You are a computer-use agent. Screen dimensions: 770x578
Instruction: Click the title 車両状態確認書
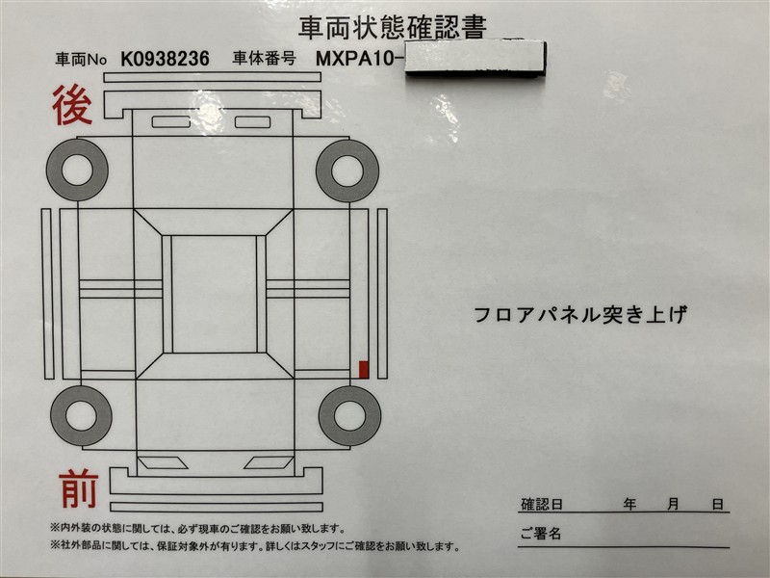pyautogui.click(x=393, y=28)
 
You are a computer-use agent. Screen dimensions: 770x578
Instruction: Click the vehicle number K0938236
pyautogui.click(x=165, y=59)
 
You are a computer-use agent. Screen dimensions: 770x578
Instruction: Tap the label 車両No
pyautogui.click(x=81, y=60)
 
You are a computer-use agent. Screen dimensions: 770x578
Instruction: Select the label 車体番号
pyautogui.click(x=264, y=59)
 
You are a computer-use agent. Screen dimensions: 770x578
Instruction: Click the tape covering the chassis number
pyautogui.click(x=475, y=59)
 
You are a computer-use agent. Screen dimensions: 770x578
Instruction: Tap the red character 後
pyautogui.click(x=72, y=105)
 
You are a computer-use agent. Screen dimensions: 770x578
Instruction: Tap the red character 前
pyautogui.click(x=79, y=488)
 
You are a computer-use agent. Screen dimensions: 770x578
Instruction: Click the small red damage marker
pyautogui.click(x=364, y=370)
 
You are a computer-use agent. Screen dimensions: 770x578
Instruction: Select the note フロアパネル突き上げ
pyautogui.click(x=580, y=315)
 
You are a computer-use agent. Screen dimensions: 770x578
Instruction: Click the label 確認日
pyautogui.click(x=542, y=504)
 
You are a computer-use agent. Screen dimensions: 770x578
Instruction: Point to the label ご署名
pyautogui.click(x=541, y=534)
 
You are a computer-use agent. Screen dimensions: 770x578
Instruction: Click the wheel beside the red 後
pyautogui.click(x=77, y=170)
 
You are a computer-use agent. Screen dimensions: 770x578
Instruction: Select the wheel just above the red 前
pyautogui.click(x=81, y=416)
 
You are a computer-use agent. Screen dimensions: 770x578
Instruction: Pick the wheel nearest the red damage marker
pyautogui.click(x=349, y=416)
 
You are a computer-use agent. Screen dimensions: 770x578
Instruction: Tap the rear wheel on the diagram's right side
pyautogui.click(x=347, y=171)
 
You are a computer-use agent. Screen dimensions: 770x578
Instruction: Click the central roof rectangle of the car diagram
pyautogui.click(x=214, y=294)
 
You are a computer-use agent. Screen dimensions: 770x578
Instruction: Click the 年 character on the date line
pyautogui.click(x=629, y=504)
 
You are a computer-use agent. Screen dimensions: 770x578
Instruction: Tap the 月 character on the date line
pyautogui.click(x=673, y=504)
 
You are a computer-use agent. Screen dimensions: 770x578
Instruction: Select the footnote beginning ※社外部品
pyautogui.click(x=255, y=546)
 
